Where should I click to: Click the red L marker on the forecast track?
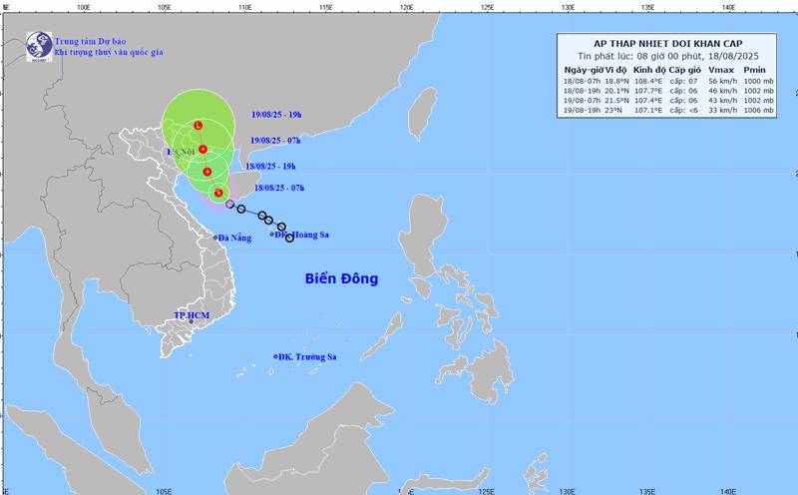198,125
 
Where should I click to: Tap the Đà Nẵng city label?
235,238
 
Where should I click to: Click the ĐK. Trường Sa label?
309,356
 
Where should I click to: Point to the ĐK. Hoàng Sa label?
303,235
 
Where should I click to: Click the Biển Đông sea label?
341,278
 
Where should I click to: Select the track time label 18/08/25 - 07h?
279,187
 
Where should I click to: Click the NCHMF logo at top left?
39,45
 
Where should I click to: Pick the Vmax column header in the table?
720,70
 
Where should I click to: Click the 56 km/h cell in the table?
720,80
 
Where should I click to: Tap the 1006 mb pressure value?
758,110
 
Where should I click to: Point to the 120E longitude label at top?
406,7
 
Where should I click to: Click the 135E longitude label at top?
648,7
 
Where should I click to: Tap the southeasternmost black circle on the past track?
290,238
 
